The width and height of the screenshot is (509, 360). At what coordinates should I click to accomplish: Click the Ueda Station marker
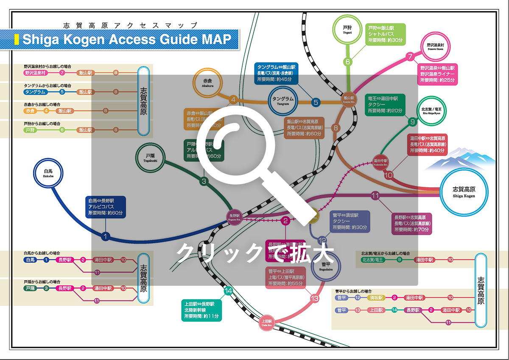click(267, 324)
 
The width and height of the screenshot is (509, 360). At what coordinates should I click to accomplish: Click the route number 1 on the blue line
click(106, 236)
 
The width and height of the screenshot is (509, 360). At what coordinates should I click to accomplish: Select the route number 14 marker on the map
click(229, 291)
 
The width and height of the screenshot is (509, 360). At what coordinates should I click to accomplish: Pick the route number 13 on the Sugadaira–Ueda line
click(314, 299)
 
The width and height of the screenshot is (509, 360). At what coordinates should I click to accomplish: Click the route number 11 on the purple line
click(375, 196)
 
